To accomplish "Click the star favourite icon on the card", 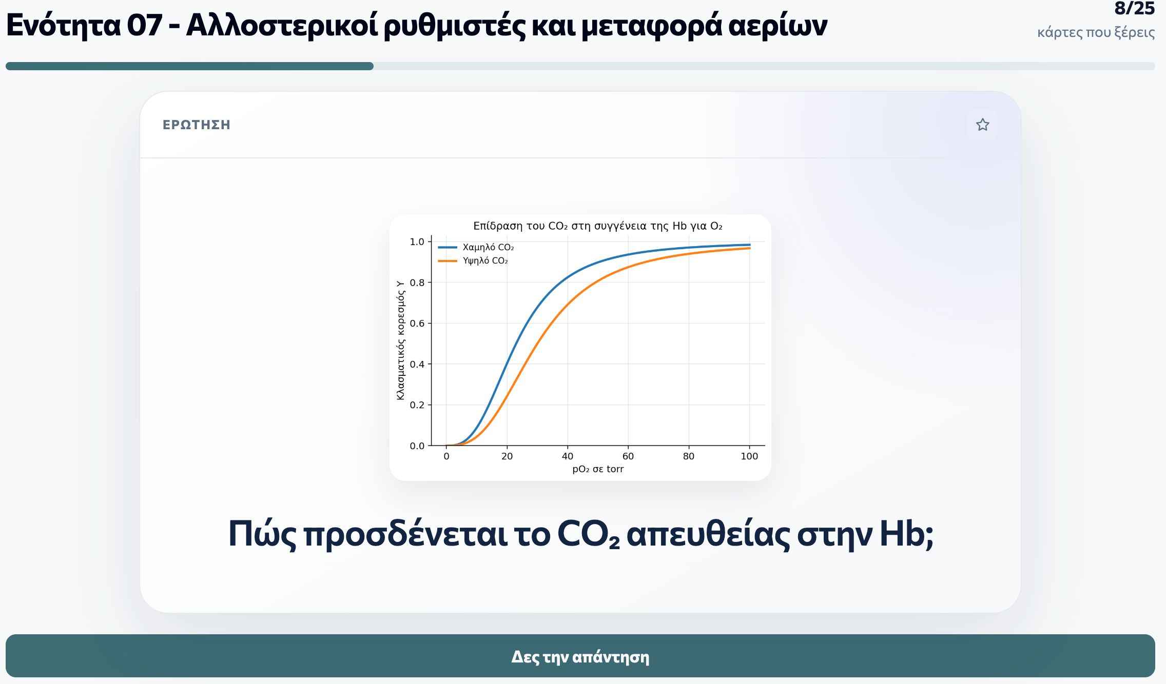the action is (982, 125).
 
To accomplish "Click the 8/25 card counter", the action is (1134, 8).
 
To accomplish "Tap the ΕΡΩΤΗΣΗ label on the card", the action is (197, 125).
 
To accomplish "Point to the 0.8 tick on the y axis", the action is (417, 283).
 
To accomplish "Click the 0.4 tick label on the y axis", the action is (417, 364).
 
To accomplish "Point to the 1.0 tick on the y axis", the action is (417, 242).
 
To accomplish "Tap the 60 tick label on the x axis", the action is (628, 456).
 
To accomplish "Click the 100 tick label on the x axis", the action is (749, 456).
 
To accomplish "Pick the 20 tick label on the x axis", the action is (507, 456).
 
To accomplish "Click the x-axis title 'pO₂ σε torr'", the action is (598, 469).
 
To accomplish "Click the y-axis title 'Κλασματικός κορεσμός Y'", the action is (400, 340).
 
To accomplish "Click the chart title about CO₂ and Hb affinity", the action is (598, 226).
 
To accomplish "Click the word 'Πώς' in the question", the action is (262, 534).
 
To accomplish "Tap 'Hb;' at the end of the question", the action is (906, 534).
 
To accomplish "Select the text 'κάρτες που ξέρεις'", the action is (1096, 32).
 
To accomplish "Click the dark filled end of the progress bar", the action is (370, 66).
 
